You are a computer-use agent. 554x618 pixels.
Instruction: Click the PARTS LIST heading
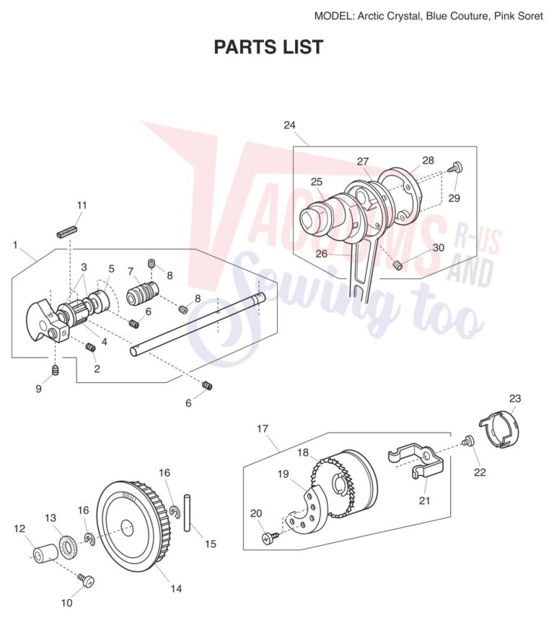tap(268, 47)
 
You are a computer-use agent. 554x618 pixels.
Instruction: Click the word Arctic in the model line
tap(370, 16)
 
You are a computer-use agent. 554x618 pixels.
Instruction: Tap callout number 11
tap(82, 206)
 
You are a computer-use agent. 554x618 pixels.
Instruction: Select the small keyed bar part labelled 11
tap(67, 231)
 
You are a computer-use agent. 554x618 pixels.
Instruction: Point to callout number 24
tap(289, 125)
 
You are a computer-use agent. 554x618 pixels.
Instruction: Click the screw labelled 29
tap(455, 167)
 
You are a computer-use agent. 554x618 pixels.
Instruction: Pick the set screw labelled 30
tap(399, 265)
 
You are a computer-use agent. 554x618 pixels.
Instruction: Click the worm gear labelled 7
tap(142, 294)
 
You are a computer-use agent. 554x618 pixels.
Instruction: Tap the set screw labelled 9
tap(56, 370)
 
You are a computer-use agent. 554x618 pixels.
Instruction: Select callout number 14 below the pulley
tap(176, 588)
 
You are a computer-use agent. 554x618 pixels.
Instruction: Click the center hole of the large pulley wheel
tap(127, 528)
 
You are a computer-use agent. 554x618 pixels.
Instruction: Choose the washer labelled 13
tap(68, 547)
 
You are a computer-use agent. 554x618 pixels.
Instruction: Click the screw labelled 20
tap(271, 537)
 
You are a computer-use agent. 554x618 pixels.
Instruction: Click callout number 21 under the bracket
tap(424, 500)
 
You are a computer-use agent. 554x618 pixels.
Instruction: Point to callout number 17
tap(263, 428)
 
